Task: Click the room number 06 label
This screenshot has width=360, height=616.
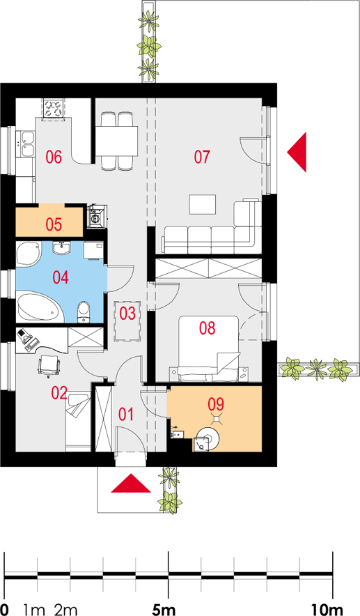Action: [54, 157]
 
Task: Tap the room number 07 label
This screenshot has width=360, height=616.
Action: [202, 157]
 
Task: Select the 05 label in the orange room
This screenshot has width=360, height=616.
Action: [54, 224]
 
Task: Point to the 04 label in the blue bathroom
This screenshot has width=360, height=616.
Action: [61, 277]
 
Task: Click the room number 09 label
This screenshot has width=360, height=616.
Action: [216, 404]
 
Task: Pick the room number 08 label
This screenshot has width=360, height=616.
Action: [208, 328]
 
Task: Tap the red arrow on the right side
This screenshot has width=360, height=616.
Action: [297, 152]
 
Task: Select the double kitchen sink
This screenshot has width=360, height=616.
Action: [26, 144]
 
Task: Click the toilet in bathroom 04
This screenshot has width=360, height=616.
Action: [84, 312]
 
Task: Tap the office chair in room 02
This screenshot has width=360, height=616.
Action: [49, 366]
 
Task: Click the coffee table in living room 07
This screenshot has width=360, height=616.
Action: [203, 204]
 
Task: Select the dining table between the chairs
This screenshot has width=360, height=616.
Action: [118, 141]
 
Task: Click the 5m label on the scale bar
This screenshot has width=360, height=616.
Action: [164, 610]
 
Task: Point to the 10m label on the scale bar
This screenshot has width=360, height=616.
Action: [327, 610]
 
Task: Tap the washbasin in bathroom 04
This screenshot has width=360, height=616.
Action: [62, 248]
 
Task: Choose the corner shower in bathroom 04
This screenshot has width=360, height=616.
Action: [29, 254]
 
